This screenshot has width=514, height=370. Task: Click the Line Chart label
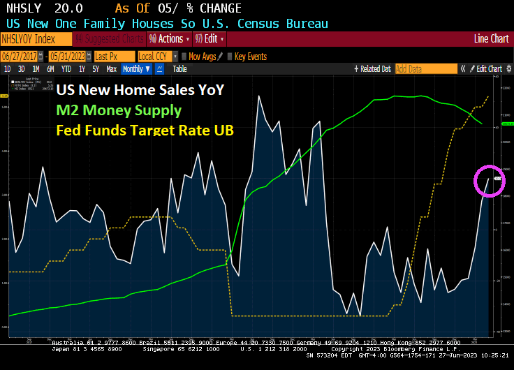coord(491,39)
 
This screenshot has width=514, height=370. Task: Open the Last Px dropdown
coord(113,56)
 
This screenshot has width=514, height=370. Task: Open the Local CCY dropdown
coord(157,56)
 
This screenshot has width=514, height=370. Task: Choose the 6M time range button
coord(50,68)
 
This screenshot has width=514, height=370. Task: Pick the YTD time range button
coord(66,68)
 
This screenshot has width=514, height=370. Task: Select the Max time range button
coord(111,68)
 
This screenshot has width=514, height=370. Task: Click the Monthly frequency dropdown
coord(135,68)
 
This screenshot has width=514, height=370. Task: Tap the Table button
coord(179,68)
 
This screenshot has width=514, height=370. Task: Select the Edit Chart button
coord(488,68)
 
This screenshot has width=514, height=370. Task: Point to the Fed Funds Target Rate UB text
coord(145,130)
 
